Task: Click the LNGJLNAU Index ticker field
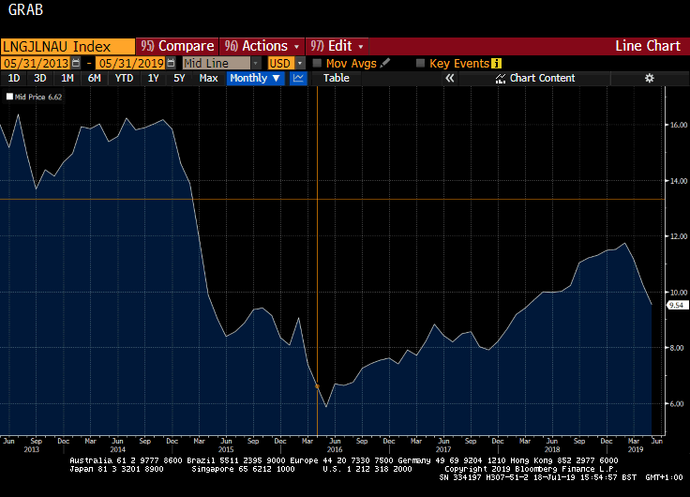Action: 56,46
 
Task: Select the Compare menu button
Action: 177,46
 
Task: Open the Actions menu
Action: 263,46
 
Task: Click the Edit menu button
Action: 338,46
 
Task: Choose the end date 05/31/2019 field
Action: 130,63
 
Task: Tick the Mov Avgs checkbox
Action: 317,63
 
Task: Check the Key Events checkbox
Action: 420,63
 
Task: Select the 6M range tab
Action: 94,78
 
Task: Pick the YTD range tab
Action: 123,78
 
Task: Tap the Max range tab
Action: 208,78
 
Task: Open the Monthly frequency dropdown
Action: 255,78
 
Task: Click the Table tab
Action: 336,78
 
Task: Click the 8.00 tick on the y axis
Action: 677,348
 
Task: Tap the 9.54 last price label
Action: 677,305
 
